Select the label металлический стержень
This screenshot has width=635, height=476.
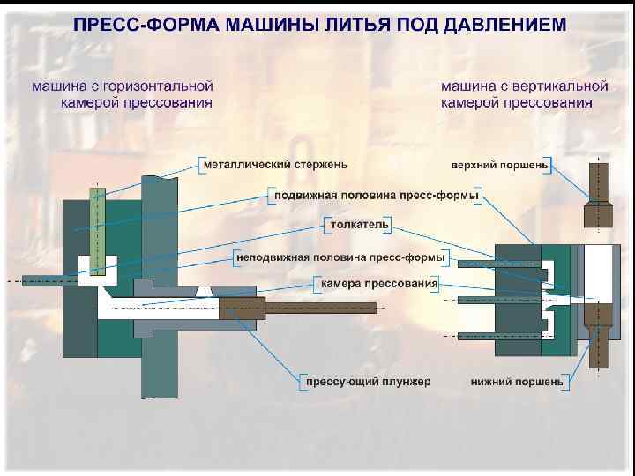coord(274,164)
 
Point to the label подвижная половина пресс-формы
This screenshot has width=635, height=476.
coord(375,195)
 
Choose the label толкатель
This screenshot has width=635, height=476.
coord(358,225)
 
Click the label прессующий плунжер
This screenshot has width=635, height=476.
coord(367,382)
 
